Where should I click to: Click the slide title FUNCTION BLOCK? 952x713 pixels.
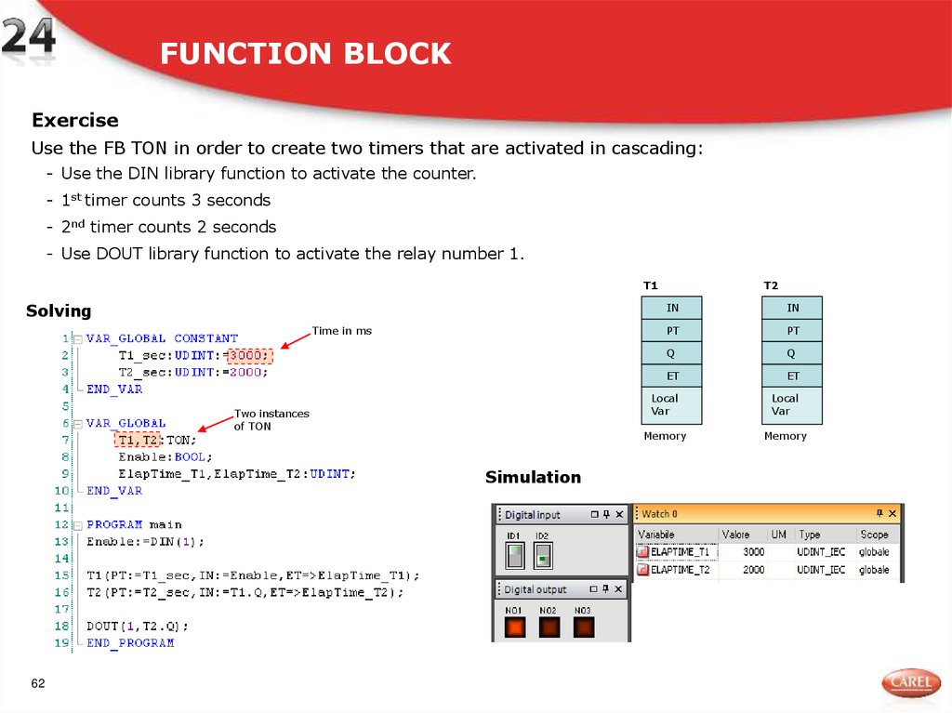pos(305,54)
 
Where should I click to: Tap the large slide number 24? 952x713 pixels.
pos(28,41)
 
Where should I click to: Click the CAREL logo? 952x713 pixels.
pos(910,683)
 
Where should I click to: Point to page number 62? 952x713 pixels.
pos(38,684)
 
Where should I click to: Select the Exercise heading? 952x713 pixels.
pos(75,120)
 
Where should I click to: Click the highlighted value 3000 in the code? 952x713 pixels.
pos(250,355)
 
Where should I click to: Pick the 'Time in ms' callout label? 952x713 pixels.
pos(342,331)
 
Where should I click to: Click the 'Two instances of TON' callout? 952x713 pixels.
pos(271,420)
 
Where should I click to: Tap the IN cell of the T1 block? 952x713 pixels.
pos(672,308)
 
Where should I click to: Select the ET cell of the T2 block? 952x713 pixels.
pos(792,376)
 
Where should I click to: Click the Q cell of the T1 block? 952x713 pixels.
pos(672,353)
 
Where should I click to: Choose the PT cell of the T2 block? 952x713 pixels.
pos(792,331)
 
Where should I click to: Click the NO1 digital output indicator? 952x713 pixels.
pos(514,627)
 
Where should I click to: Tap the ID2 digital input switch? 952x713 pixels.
pos(543,556)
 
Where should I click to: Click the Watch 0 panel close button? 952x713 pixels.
pos(892,513)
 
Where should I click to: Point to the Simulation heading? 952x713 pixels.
pos(533,477)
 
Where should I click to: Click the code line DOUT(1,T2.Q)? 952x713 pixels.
pos(138,626)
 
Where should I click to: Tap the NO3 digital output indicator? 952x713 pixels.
pos(583,627)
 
